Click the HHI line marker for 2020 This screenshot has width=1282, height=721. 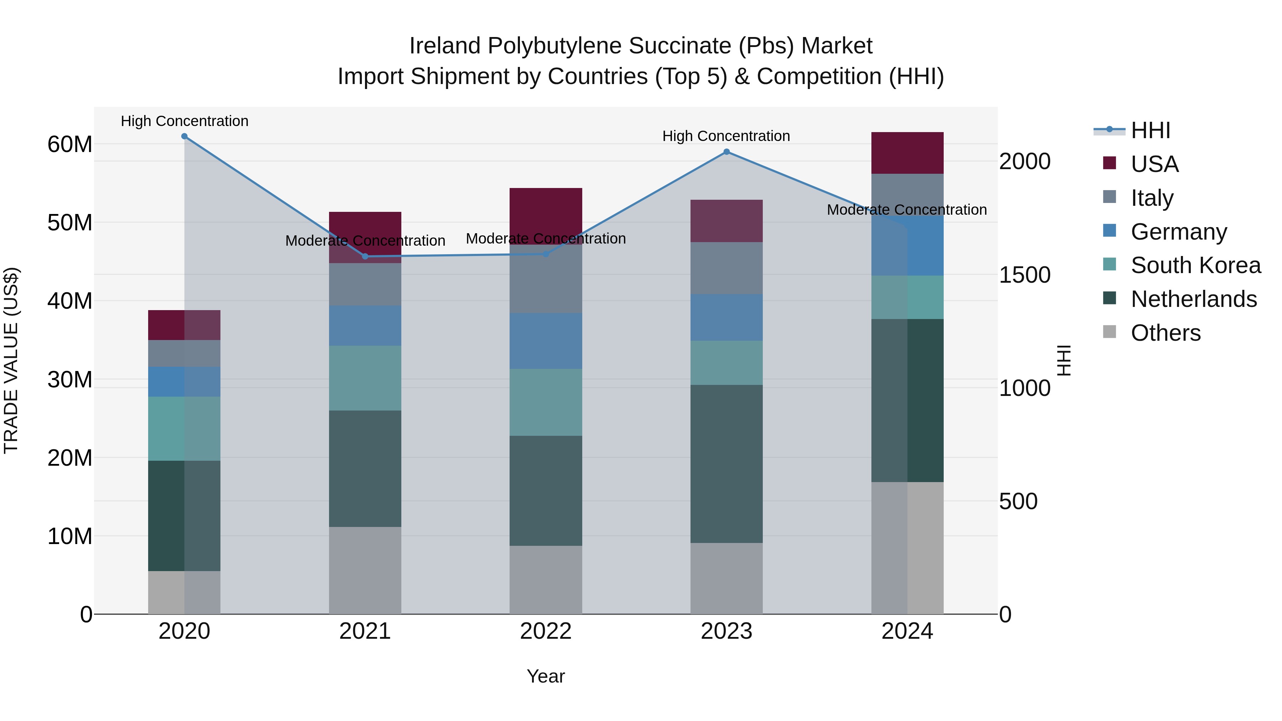(x=184, y=136)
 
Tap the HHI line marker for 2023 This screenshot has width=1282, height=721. (x=726, y=152)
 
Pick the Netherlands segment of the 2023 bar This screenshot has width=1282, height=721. (x=726, y=463)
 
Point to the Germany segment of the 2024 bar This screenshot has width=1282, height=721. (x=907, y=246)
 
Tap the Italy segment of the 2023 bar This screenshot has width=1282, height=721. (x=726, y=268)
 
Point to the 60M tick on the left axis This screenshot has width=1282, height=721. (x=70, y=144)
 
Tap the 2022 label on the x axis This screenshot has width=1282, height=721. (x=546, y=631)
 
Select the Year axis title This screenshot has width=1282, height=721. (x=546, y=676)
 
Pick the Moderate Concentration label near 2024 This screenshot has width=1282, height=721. (x=906, y=210)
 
